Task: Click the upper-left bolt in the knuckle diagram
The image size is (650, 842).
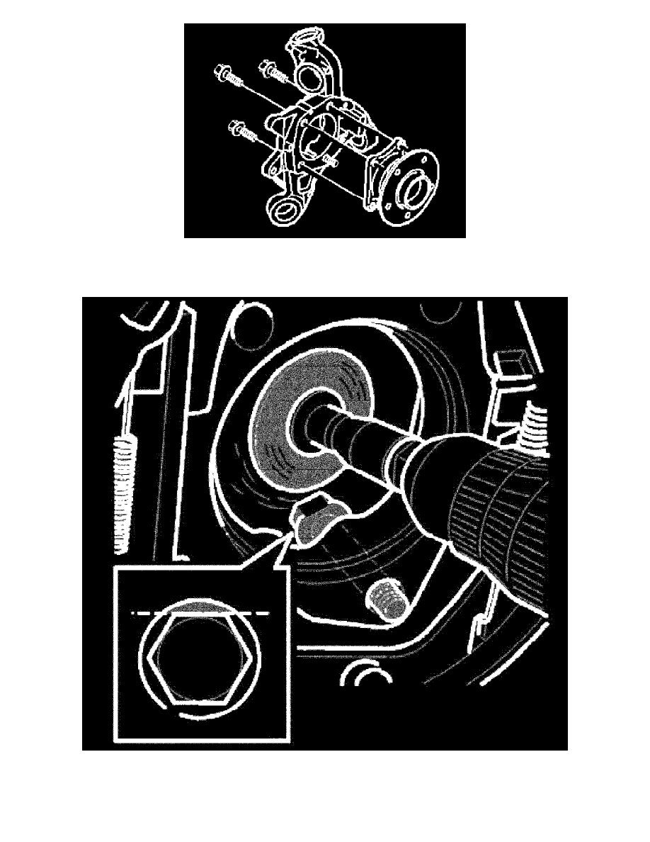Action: point(224,74)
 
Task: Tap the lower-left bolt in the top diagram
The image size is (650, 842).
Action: point(237,130)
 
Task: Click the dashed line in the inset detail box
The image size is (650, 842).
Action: point(198,615)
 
